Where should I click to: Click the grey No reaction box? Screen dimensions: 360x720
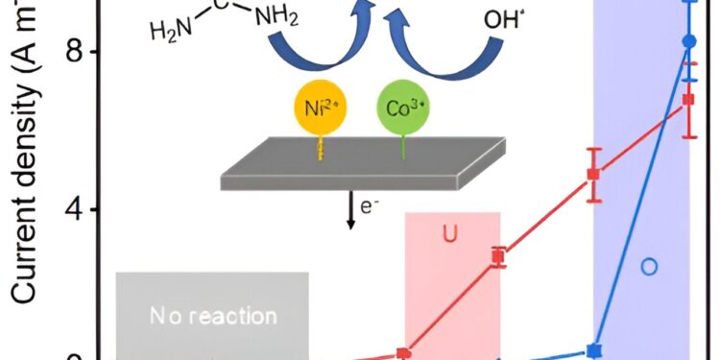(212, 315)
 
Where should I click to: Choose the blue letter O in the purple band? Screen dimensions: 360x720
(649, 266)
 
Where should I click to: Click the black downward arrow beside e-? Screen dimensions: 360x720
(351, 210)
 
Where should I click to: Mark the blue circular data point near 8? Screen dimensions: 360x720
(688, 41)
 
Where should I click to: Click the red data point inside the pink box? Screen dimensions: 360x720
(497, 256)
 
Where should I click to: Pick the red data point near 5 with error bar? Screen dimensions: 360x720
(594, 174)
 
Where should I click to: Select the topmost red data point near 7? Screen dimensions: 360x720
(688, 99)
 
